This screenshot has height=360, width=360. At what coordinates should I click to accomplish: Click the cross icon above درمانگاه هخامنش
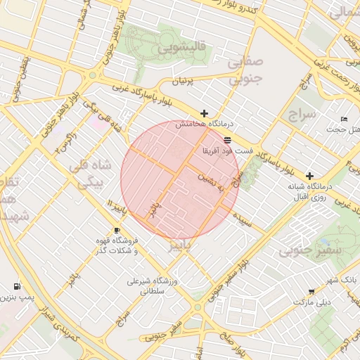coord(205,113)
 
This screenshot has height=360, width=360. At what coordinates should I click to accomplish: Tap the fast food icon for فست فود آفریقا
coord(227,140)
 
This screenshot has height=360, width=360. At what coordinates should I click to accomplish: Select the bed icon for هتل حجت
coord(344,119)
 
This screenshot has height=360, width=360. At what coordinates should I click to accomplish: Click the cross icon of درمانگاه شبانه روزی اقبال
coord(309,175)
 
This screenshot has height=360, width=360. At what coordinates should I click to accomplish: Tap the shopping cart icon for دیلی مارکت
coord(311,292)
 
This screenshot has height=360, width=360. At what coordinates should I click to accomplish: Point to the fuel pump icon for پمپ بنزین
coord(16,287)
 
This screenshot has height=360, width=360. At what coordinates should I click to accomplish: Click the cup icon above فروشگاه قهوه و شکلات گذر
coord(117,231)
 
